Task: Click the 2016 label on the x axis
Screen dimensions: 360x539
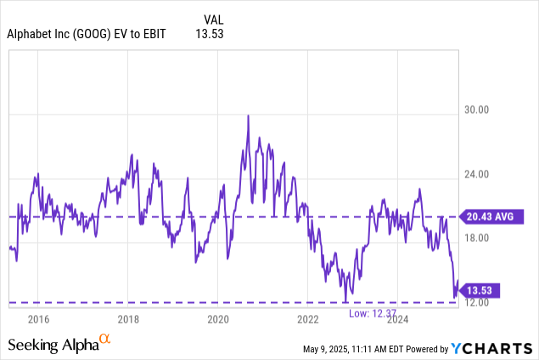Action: [x=37, y=319]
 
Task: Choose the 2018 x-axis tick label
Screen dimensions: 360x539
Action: [x=128, y=319]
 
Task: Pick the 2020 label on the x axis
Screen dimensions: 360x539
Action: [x=218, y=319]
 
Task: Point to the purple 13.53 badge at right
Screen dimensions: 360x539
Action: [x=480, y=290]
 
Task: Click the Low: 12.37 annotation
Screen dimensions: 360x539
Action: [x=372, y=313]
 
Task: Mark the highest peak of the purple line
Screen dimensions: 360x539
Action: [x=248, y=115]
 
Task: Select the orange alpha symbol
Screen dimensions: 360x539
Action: [x=105, y=340]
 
